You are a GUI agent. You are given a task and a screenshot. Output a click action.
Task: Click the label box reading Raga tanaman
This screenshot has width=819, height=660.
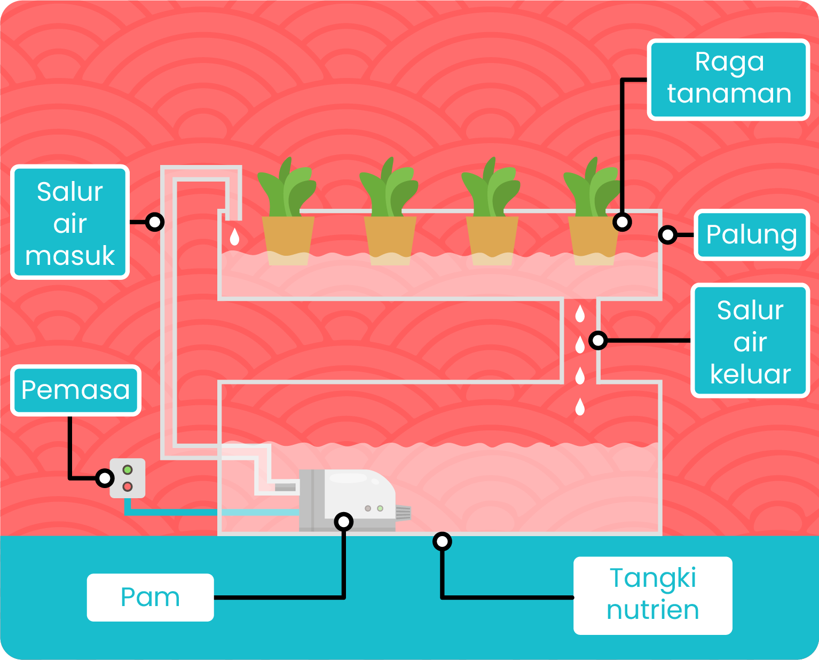[x=729, y=79]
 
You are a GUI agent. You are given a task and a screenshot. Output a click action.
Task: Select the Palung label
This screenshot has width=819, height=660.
[x=751, y=235]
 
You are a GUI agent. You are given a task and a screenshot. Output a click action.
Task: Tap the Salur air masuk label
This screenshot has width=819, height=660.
[x=70, y=222]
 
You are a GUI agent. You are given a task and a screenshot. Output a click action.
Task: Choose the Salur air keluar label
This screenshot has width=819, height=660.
[x=750, y=341]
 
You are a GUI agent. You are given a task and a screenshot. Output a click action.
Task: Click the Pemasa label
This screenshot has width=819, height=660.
[x=75, y=390]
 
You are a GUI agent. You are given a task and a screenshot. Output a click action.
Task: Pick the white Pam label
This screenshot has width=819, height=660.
[x=150, y=597]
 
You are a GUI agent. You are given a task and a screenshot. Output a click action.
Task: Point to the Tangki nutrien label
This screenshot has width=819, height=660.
[x=652, y=595]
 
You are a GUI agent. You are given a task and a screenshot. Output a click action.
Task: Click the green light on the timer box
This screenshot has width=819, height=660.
[x=128, y=470]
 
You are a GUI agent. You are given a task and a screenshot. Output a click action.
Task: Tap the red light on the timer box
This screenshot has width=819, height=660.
[x=128, y=486]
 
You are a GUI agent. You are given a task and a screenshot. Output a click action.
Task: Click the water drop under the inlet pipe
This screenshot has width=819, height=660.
[x=234, y=237]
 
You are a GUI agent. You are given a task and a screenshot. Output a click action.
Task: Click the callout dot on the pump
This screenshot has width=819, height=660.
[x=343, y=522]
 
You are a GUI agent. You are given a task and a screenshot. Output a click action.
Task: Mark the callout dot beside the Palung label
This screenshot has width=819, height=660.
[x=667, y=235]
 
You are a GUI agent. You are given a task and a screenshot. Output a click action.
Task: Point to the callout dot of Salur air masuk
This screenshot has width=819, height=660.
[x=154, y=222]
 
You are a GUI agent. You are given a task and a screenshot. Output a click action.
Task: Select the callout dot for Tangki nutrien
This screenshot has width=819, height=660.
[x=442, y=542]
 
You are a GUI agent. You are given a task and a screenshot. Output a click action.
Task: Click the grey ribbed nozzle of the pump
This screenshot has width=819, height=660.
[x=403, y=513]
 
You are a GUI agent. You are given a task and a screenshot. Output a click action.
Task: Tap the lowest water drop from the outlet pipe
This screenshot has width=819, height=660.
[x=580, y=407]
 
